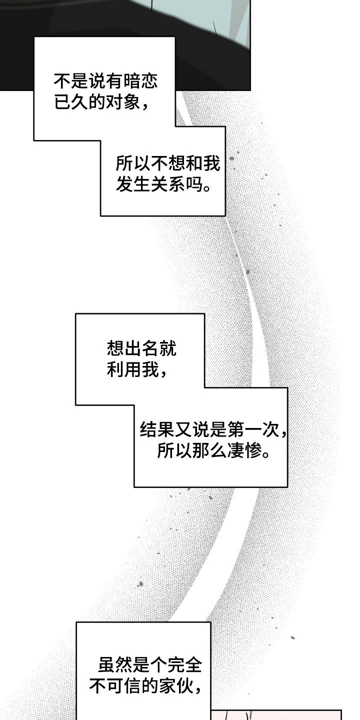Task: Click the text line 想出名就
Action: (x=141, y=348)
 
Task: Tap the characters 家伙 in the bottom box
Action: (x=175, y=687)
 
